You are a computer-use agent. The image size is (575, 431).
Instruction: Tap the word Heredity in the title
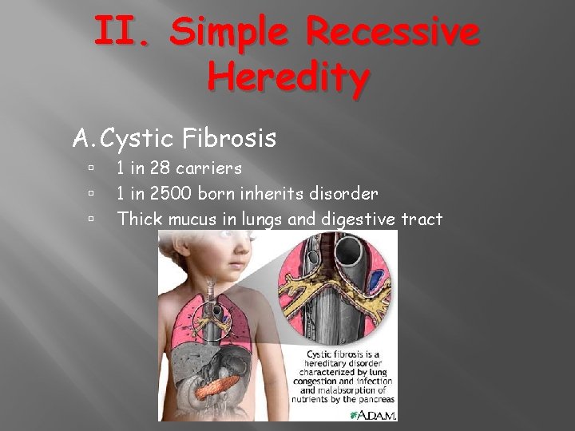coord(288,77)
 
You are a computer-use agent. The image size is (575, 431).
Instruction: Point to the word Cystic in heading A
coord(137,139)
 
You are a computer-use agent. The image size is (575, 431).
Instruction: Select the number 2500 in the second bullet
coord(175,193)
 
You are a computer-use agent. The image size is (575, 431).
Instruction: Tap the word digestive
coord(357,218)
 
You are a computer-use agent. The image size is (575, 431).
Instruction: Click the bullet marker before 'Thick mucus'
coord(93,218)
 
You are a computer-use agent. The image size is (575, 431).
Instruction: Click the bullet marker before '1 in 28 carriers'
coord(93,169)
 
